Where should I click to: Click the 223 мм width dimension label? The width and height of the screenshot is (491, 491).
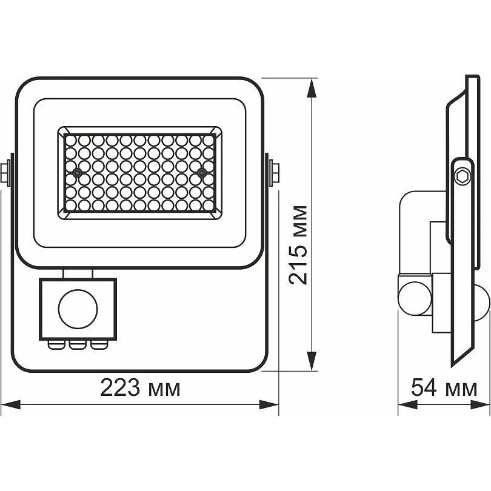point(140,389)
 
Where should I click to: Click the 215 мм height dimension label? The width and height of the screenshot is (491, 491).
point(298,245)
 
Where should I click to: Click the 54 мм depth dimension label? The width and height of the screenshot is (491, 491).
point(444,388)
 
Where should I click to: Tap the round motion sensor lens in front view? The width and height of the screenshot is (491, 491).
point(78,309)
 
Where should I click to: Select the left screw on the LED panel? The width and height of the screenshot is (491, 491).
point(77,173)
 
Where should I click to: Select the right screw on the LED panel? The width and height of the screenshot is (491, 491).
point(202,172)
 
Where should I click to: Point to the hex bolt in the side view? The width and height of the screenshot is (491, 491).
point(463,176)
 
